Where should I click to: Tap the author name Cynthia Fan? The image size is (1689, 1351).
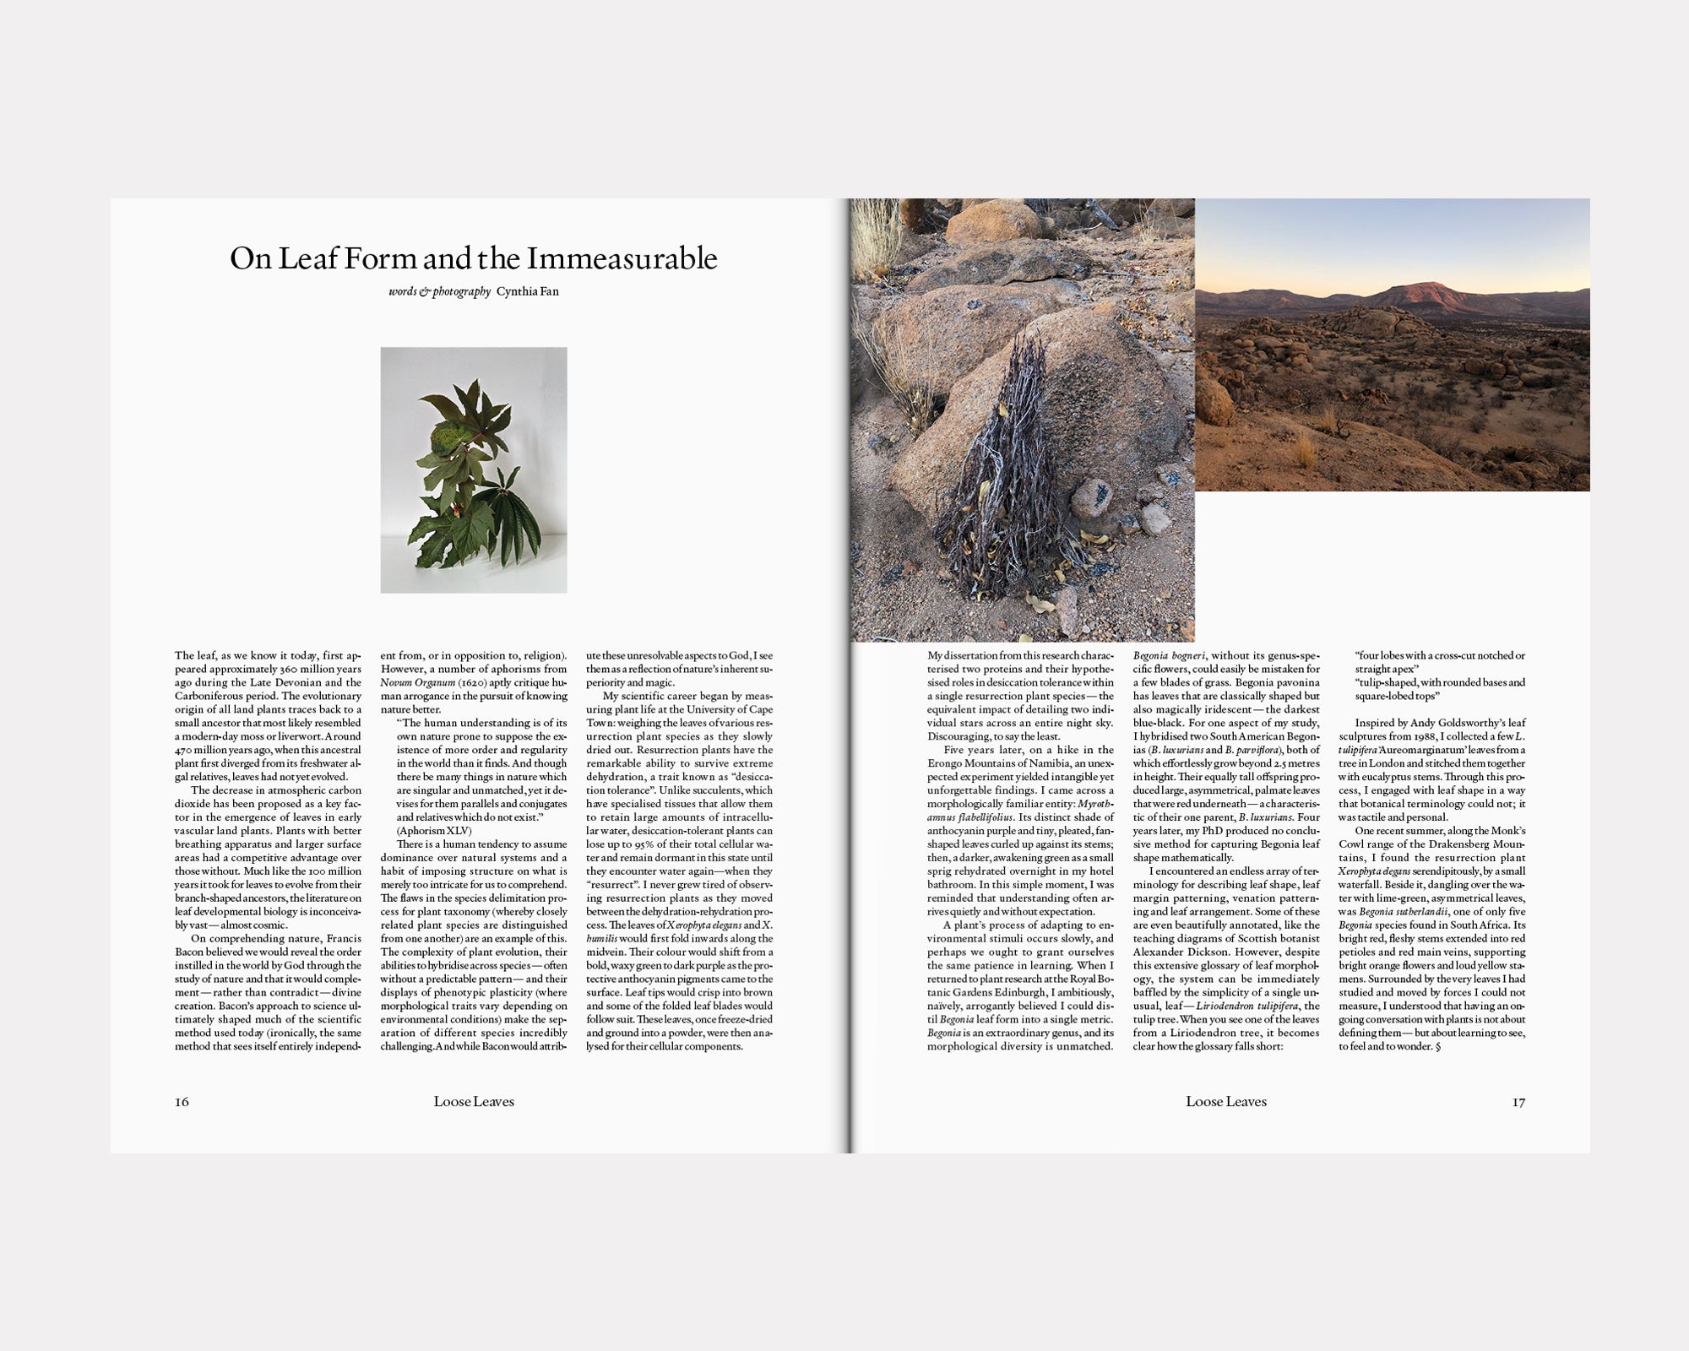coord(527,292)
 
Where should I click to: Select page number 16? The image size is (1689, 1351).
coord(182,1102)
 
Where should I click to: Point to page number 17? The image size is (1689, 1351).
coord(1518,1102)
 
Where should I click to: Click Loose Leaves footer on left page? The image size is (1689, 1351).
coord(474,1102)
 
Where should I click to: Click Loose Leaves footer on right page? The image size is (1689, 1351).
coord(1226,1102)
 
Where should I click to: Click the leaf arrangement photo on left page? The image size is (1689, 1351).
coord(474,469)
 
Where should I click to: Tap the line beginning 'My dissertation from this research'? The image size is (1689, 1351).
coord(1021,655)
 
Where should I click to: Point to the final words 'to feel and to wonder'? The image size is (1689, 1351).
coord(1385,1047)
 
